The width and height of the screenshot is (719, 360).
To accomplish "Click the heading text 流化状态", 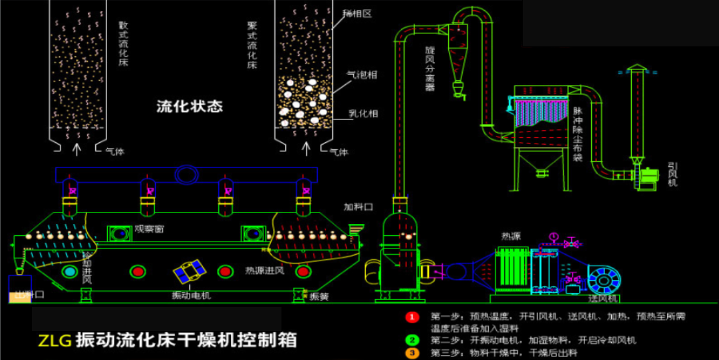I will coord(189,107).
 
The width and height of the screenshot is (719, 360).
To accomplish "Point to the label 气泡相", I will coord(362,75).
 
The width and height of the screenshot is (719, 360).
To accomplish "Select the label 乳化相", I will coord(363,114).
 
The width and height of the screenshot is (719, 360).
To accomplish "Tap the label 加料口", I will coord(358,206).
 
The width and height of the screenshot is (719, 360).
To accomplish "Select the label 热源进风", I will coord(264,270).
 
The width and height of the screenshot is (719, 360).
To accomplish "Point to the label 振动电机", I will coord(191,296).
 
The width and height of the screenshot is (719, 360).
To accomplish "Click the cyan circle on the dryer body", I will coord(70,272).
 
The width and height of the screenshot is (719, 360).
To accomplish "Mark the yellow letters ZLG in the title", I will coord(55,341).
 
